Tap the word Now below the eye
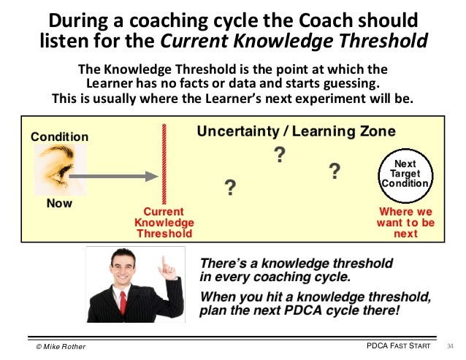click(59, 204)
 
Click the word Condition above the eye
click(58, 137)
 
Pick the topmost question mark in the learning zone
click(278, 154)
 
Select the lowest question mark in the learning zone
click(230, 188)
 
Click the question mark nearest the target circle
click(335, 172)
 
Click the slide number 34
click(450, 345)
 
